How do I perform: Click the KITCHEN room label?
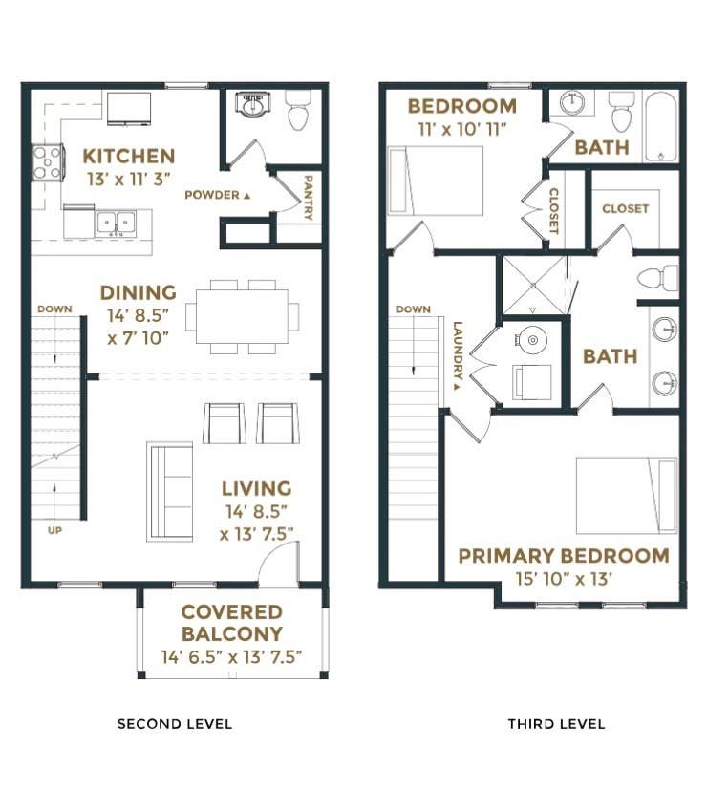click(129, 157)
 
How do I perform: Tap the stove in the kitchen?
click(48, 162)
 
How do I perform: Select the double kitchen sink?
click(116, 224)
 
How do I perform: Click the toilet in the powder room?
click(298, 110)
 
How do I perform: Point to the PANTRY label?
click(308, 198)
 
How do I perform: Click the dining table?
click(242, 316)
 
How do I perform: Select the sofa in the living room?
click(170, 491)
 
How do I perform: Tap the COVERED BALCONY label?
click(232, 623)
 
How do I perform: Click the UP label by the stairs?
click(54, 530)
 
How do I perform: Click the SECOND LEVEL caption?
click(175, 723)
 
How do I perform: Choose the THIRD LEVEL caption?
click(556, 723)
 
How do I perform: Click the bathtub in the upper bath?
click(661, 127)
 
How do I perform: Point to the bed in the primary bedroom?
click(627, 496)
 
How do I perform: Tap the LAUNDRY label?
click(458, 355)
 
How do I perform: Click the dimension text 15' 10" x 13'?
click(564, 579)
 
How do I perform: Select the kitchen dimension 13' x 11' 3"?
click(129, 179)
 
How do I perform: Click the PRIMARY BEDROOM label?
click(564, 556)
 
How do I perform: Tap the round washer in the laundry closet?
click(533, 340)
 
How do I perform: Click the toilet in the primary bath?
click(657, 278)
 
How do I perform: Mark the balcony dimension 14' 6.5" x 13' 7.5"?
click(232, 657)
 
